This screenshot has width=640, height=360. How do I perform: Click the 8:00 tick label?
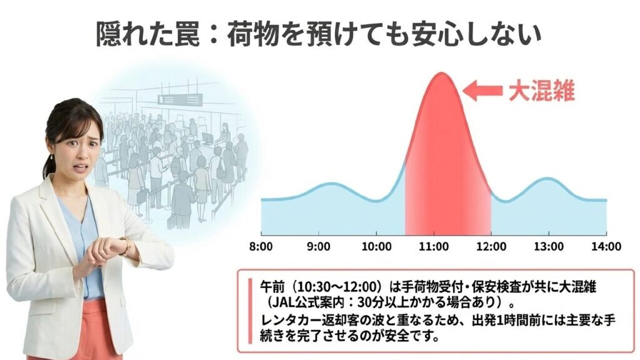[x=261, y=246]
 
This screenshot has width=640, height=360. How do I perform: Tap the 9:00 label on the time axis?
[x=319, y=246]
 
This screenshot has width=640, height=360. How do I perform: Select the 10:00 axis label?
[x=376, y=246]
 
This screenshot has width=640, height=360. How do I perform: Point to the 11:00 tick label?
[x=434, y=246]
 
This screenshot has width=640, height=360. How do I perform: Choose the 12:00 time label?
[x=491, y=246]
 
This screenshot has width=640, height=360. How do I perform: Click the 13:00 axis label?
[x=549, y=246]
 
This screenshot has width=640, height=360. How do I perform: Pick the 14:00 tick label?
[x=606, y=246]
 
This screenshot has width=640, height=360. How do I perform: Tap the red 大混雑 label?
[x=541, y=92]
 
